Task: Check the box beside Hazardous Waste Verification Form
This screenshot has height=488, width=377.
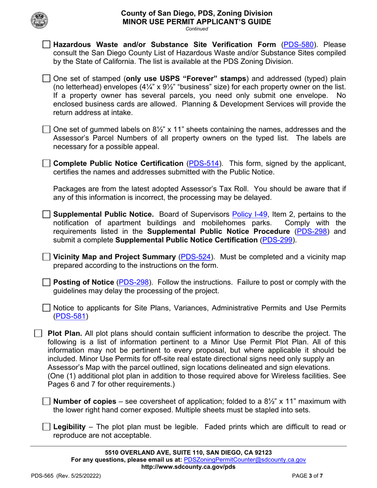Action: [46, 44]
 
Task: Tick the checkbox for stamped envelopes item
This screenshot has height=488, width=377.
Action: [46, 78]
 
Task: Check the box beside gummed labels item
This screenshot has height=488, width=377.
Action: [46, 130]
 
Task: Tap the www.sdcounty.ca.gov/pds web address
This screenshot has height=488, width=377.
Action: [188, 467]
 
